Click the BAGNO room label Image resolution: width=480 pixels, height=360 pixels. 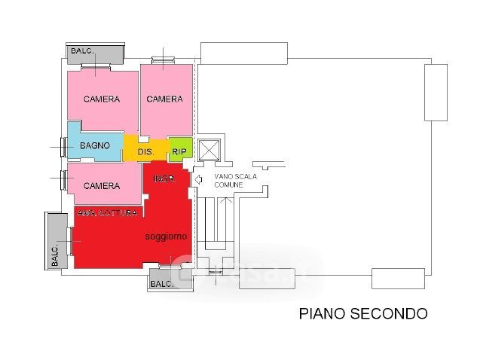95,145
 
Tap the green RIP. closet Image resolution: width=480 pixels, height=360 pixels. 179,151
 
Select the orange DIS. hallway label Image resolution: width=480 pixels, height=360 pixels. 145,152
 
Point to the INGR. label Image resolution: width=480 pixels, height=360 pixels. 164,179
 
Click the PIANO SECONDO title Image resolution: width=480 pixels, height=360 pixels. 363,313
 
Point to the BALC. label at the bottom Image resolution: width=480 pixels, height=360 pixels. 162,284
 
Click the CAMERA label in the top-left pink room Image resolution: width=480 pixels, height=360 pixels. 101,99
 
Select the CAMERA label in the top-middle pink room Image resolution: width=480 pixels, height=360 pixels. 164,99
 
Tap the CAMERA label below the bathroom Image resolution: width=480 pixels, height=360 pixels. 101,185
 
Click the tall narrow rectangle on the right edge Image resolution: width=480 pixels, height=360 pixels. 436,92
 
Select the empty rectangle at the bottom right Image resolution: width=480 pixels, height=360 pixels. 399,278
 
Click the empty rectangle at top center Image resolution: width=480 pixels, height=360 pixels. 244,53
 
